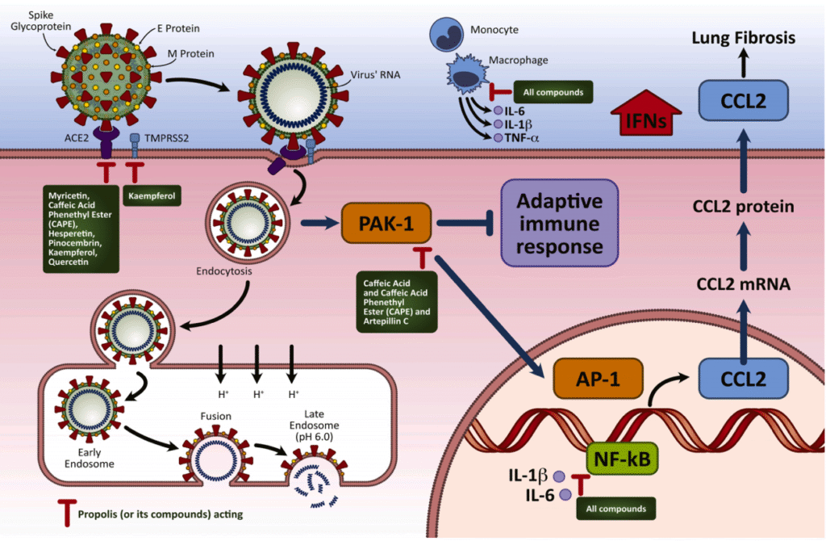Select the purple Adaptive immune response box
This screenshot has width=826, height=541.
(560, 223)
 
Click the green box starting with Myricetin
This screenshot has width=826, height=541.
(81, 229)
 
